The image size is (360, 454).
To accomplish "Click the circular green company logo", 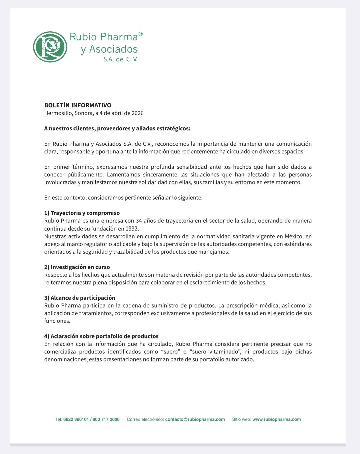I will pyautogui.click(x=50, y=47).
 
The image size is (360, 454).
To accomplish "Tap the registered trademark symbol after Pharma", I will pyautogui.click(x=141, y=34).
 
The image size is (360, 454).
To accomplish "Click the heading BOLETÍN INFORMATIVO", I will pyautogui.click(x=78, y=105).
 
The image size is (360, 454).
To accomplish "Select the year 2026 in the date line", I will pyautogui.click(x=137, y=113).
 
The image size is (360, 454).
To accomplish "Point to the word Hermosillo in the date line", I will pyautogui.click(x=58, y=113).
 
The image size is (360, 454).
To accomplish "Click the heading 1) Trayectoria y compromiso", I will pyautogui.click(x=82, y=213).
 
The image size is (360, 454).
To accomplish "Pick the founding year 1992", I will pyautogui.click(x=132, y=229).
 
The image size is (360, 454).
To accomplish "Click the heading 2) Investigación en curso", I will pyautogui.click(x=77, y=267).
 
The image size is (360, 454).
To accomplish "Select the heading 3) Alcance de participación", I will pyautogui.click(x=80, y=298).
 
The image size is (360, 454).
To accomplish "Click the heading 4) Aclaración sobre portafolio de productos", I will pyautogui.click(x=101, y=336).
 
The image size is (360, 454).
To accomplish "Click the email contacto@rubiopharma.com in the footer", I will pyautogui.click(x=195, y=419).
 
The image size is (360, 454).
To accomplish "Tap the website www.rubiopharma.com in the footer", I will pyautogui.click(x=277, y=419).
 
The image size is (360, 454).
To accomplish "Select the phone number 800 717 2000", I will pyautogui.click(x=106, y=419).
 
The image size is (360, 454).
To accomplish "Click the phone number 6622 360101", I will pyautogui.click(x=76, y=419).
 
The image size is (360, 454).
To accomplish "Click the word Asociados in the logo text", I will pyautogui.click(x=113, y=49).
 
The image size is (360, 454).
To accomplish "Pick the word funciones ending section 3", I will pyautogui.click(x=57, y=321).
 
